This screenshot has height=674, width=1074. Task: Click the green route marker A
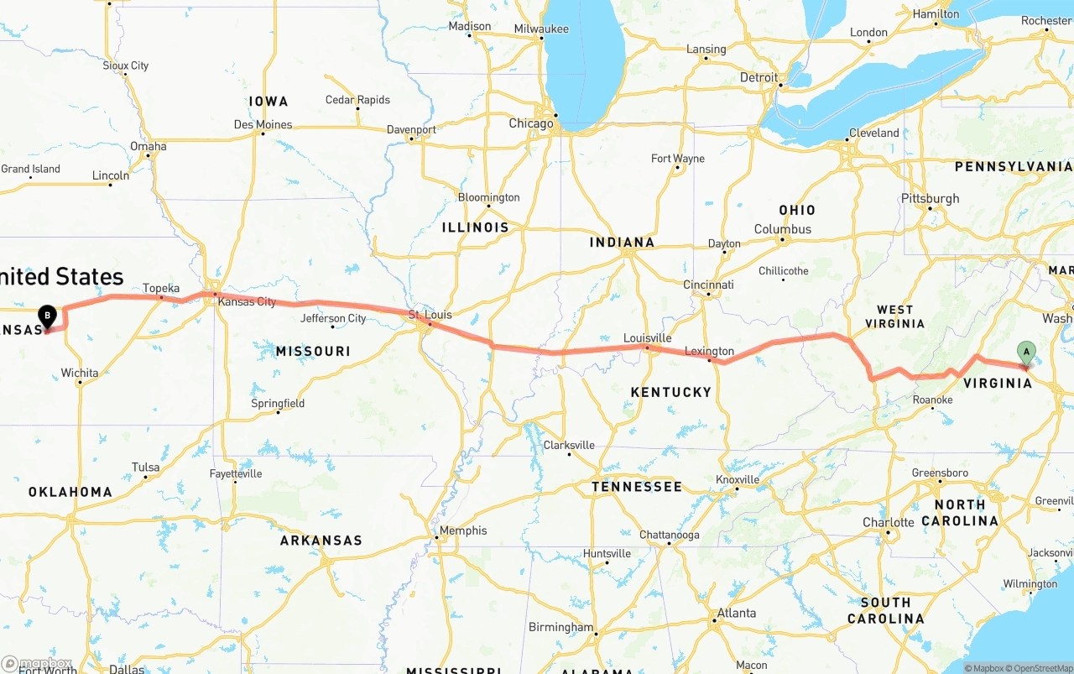click(1025, 353)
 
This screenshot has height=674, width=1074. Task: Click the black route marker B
click(48, 316)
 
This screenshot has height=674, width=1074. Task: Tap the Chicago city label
click(531, 123)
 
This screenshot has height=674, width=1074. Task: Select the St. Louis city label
click(430, 315)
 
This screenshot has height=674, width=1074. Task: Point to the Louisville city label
click(647, 338)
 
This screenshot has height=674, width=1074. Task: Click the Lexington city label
click(709, 352)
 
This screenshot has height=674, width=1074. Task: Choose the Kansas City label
click(247, 301)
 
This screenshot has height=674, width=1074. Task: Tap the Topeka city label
click(161, 288)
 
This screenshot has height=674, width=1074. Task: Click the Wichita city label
click(80, 373)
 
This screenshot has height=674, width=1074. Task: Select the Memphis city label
click(463, 530)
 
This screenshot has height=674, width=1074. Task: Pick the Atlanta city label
click(736, 613)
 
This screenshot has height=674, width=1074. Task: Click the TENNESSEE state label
click(636, 487)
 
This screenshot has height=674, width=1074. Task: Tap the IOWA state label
click(268, 102)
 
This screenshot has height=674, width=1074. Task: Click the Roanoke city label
click(932, 400)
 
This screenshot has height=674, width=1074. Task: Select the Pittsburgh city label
click(930, 199)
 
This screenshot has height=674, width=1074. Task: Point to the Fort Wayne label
click(678, 159)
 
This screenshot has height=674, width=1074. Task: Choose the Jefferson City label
click(333, 318)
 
